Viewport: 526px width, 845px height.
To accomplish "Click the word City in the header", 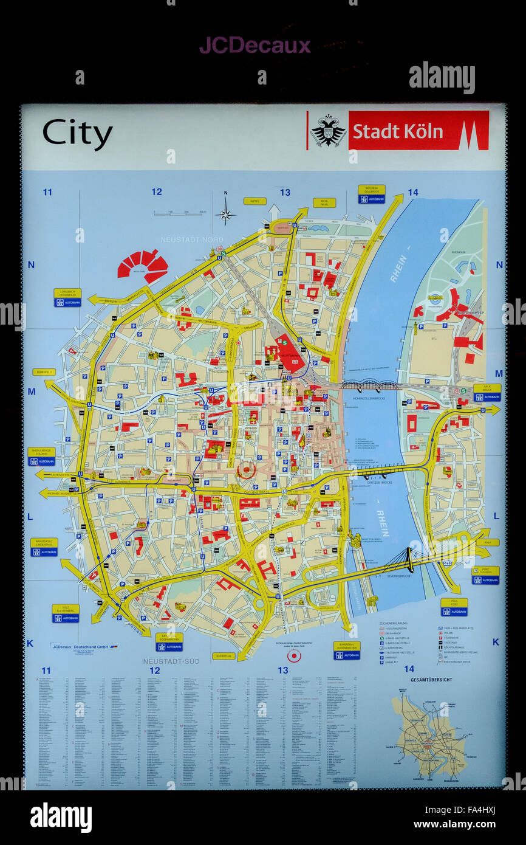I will [77, 133].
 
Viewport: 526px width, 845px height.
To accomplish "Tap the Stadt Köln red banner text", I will [398, 131].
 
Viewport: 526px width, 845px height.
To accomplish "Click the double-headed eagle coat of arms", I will [328, 130].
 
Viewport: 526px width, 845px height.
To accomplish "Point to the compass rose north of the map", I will [225, 214].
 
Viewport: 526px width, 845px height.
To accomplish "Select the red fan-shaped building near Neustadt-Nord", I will [143, 265].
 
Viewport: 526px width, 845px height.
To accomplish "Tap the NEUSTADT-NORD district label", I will [191, 240].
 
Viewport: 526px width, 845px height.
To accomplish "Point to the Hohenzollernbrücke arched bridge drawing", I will [369, 385].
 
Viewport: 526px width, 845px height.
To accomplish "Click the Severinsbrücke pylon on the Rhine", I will [410, 559].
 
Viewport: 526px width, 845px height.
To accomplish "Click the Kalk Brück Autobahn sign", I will [487, 393].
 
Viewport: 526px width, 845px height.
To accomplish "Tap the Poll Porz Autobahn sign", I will [454, 607].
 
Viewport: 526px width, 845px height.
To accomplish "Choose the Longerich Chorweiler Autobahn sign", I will [67, 297].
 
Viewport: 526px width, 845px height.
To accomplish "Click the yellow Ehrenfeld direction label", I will [44, 371].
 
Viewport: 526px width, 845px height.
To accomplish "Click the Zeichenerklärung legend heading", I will [392, 624].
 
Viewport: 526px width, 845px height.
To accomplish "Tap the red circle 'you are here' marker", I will [294, 656].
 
